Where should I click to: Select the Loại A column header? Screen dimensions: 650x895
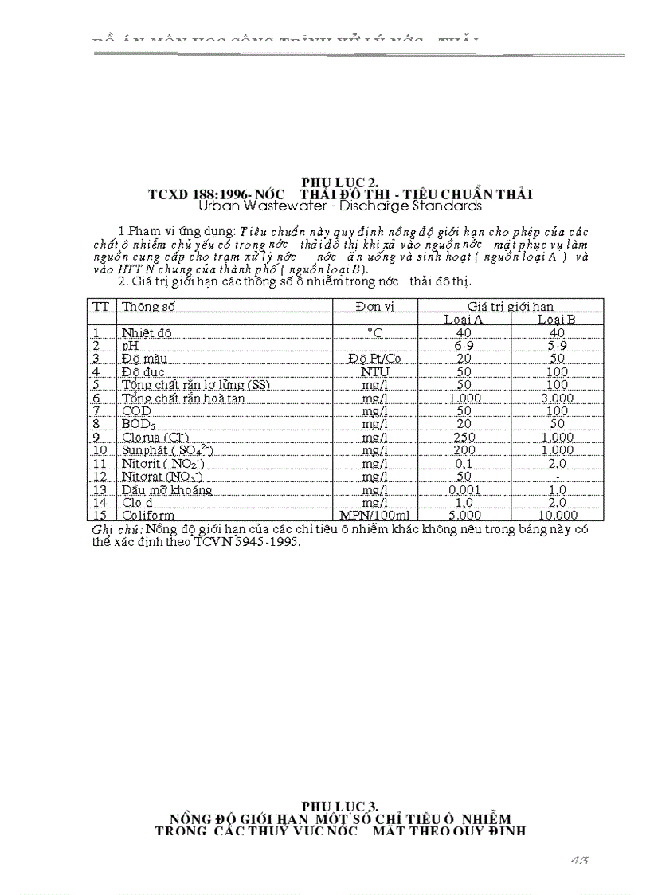[464, 320]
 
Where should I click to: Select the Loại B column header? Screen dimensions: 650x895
[557, 320]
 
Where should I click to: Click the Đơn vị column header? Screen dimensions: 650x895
[374, 306]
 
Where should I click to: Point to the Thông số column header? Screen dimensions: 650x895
[148, 306]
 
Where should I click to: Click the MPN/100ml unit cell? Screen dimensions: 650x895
[374, 515]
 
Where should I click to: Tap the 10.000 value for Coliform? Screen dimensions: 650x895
[557, 515]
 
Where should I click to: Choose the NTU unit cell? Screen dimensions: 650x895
[374, 371]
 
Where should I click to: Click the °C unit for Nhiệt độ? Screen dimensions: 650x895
[374, 332]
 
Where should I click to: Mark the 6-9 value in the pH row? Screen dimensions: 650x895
[464, 346]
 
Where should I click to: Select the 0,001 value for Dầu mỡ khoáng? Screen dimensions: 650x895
[464, 489]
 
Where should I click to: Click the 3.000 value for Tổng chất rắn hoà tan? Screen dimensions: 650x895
[557, 398]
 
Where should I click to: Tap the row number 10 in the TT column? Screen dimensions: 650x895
[99, 450]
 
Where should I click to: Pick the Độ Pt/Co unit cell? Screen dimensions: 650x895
[374, 359]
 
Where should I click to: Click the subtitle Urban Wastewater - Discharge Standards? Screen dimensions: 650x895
[340, 206]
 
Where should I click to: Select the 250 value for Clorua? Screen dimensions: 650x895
[464, 437]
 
